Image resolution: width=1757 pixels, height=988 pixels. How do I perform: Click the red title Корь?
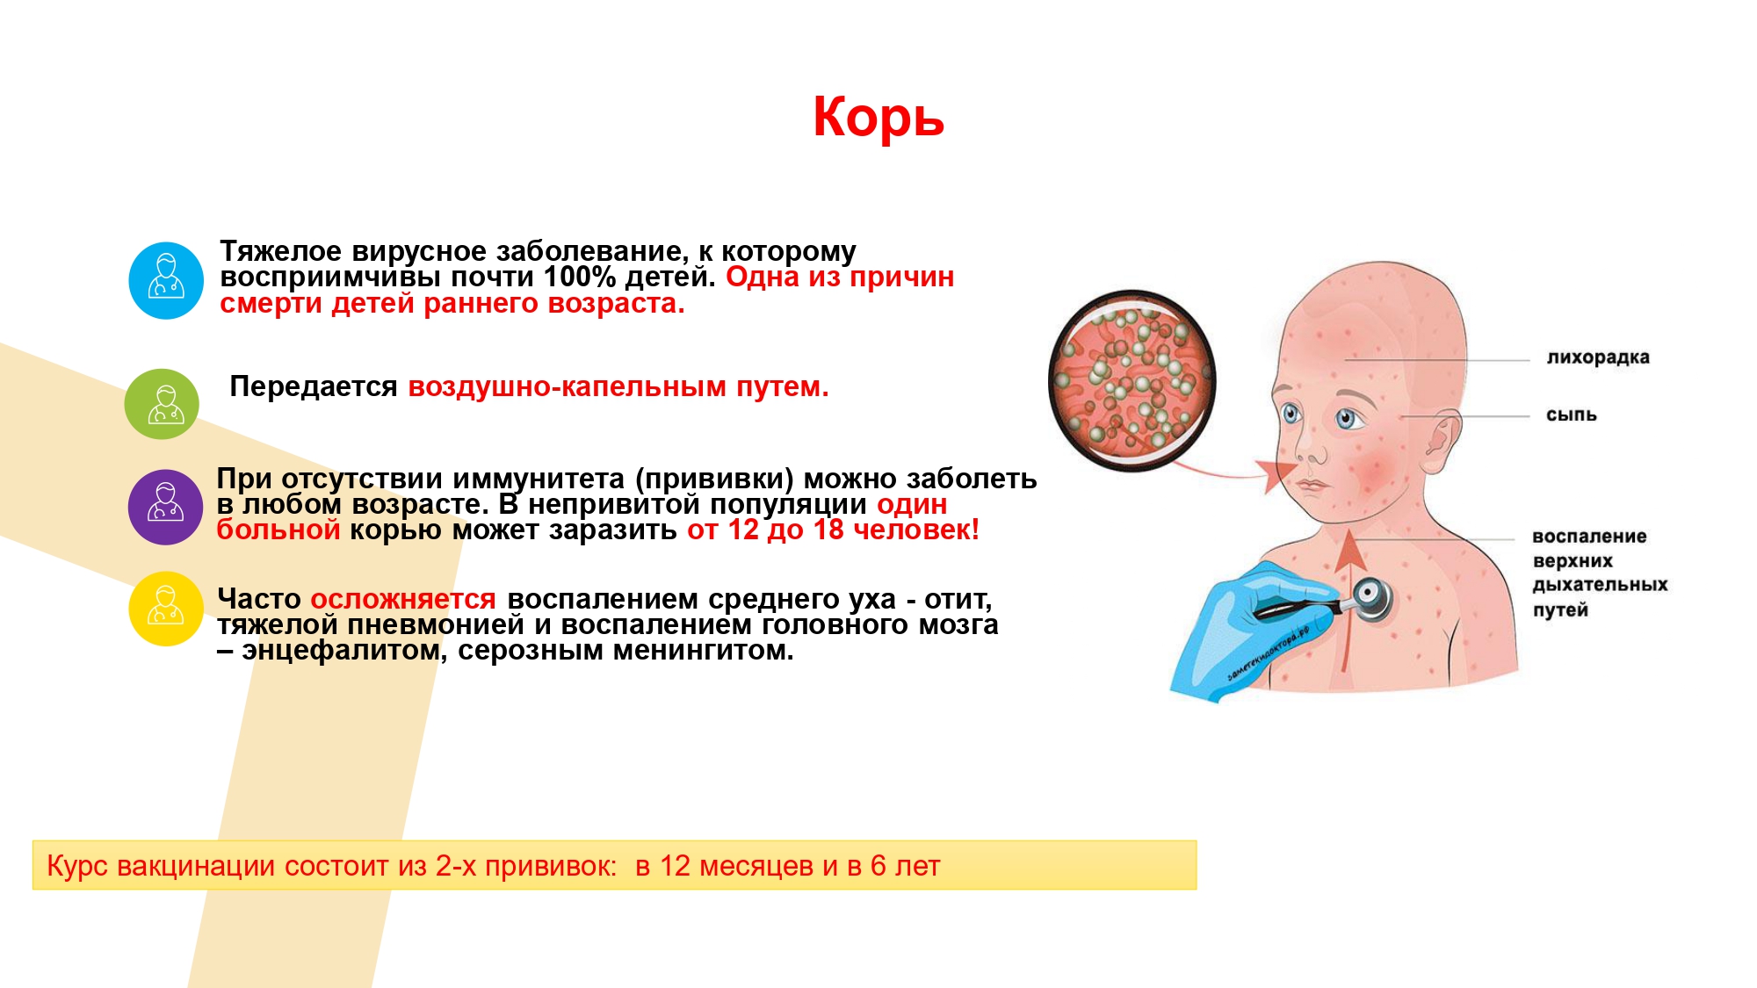click(878, 118)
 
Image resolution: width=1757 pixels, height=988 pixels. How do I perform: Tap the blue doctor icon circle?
click(166, 280)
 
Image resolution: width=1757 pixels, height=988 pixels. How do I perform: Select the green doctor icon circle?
click(163, 404)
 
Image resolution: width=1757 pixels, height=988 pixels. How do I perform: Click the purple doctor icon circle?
click(166, 507)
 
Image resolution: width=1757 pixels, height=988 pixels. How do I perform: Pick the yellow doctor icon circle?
click(166, 609)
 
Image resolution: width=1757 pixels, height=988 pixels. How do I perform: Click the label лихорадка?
click(1598, 357)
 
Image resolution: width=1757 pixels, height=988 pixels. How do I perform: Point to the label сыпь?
click(1572, 415)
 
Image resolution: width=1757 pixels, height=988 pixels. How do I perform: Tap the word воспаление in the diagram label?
click(1589, 536)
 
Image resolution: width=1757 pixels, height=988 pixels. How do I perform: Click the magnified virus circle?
click(1132, 380)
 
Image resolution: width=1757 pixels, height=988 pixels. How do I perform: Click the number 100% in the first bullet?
click(580, 277)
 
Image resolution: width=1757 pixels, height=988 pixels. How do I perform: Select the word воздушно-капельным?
click(568, 386)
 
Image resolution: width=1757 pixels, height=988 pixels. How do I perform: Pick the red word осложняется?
click(403, 599)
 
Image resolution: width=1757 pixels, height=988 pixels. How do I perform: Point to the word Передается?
click(314, 386)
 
